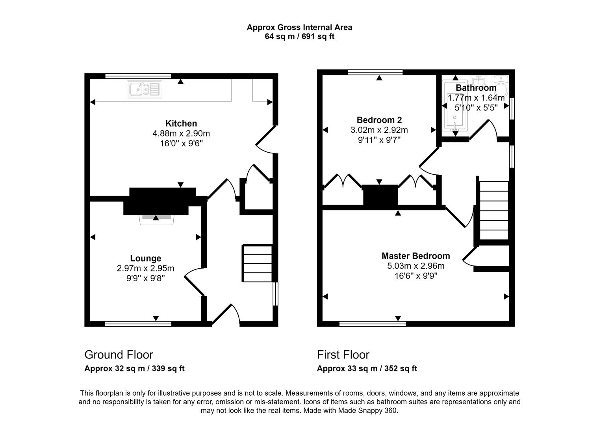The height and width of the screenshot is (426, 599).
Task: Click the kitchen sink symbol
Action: pyautogui.click(x=145, y=89)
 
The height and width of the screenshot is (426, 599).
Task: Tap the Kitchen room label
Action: pyautogui.click(x=181, y=123)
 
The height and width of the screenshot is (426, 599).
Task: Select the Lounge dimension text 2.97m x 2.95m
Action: pyautogui.click(x=145, y=268)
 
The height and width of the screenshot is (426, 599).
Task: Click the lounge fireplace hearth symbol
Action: pyautogui.click(x=156, y=219)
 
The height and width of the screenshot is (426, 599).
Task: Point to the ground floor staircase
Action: pyautogui.click(x=258, y=263)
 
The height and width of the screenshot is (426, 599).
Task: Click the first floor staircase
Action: pyautogui.click(x=494, y=210)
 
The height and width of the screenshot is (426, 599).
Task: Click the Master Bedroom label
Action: pyautogui.click(x=415, y=256)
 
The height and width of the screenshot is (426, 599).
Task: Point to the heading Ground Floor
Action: pyautogui.click(x=119, y=355)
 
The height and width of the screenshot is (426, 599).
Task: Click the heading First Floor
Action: pyautogui.click(x=343, y=355)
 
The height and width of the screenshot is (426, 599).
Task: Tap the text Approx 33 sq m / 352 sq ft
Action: pyautogui.click(x=367, y=369)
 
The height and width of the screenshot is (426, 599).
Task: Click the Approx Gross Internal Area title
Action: pyautogui.click(x=299, y=27)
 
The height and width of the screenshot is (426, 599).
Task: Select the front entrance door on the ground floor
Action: pyautogui.click(x=226, y=316)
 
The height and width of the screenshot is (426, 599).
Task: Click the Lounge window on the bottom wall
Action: pyautogui.click(x=138, y=324)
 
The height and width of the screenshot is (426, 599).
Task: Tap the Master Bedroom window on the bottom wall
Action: pyautogui.click(x=373, y=324)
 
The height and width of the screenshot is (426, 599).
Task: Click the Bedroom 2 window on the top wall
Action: pyautogui.click(x=375, y=72)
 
